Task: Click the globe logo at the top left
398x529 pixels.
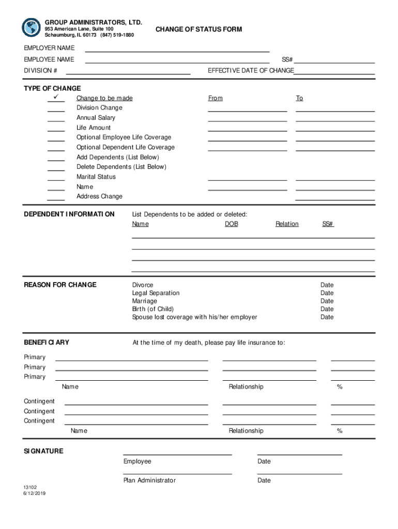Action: point(31,27)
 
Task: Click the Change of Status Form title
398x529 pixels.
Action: point(198,29)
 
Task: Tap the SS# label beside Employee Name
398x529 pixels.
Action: point(287,60)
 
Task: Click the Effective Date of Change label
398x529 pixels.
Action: point(251,71)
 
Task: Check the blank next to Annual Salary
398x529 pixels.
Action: point(56,118)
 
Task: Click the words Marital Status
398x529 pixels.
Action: point(96,177)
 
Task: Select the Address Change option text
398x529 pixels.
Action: point(99,196)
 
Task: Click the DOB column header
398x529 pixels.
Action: point(231,224)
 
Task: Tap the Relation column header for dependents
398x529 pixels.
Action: point(287,224)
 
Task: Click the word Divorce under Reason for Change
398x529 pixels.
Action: point(143,285)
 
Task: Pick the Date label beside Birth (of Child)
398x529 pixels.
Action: point(327,309)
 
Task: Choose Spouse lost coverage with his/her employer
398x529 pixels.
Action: point(194,317)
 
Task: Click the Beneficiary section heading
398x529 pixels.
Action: point(47,343)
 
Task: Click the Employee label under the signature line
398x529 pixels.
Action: point(137,461)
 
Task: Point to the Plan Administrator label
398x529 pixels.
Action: point(149,480)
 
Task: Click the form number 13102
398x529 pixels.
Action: point(30,487)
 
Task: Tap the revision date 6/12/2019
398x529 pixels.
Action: point(34,493)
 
